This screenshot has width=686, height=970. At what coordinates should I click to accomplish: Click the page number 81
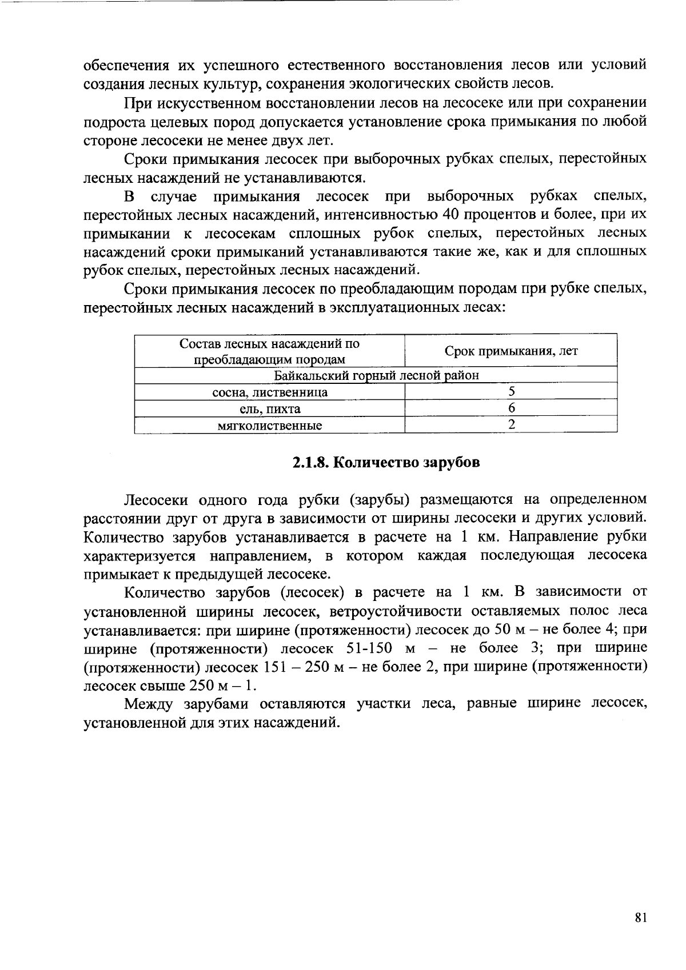(x=640, y=918)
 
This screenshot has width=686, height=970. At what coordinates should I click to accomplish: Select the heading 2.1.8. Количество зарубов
(x=386, y=462)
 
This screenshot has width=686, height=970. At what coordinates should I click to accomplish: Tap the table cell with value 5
(x=511, y=391)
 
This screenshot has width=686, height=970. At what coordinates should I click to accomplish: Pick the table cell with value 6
(x=511, y=408)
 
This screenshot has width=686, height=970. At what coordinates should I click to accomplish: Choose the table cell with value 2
(x=511, y=424)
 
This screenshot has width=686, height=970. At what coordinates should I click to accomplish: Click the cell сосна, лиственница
(x=270, y=392)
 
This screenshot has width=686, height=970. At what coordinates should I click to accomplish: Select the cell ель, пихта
(x=270, y=408)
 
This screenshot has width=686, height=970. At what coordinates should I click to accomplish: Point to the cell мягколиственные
(x=270, y=425)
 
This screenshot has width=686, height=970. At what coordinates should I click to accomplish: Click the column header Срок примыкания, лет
(x=511, y=351)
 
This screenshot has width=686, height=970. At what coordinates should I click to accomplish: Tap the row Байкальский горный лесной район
(x=376, y=375)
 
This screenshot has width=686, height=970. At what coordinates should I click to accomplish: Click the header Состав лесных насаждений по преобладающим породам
(x=270, y=351)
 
